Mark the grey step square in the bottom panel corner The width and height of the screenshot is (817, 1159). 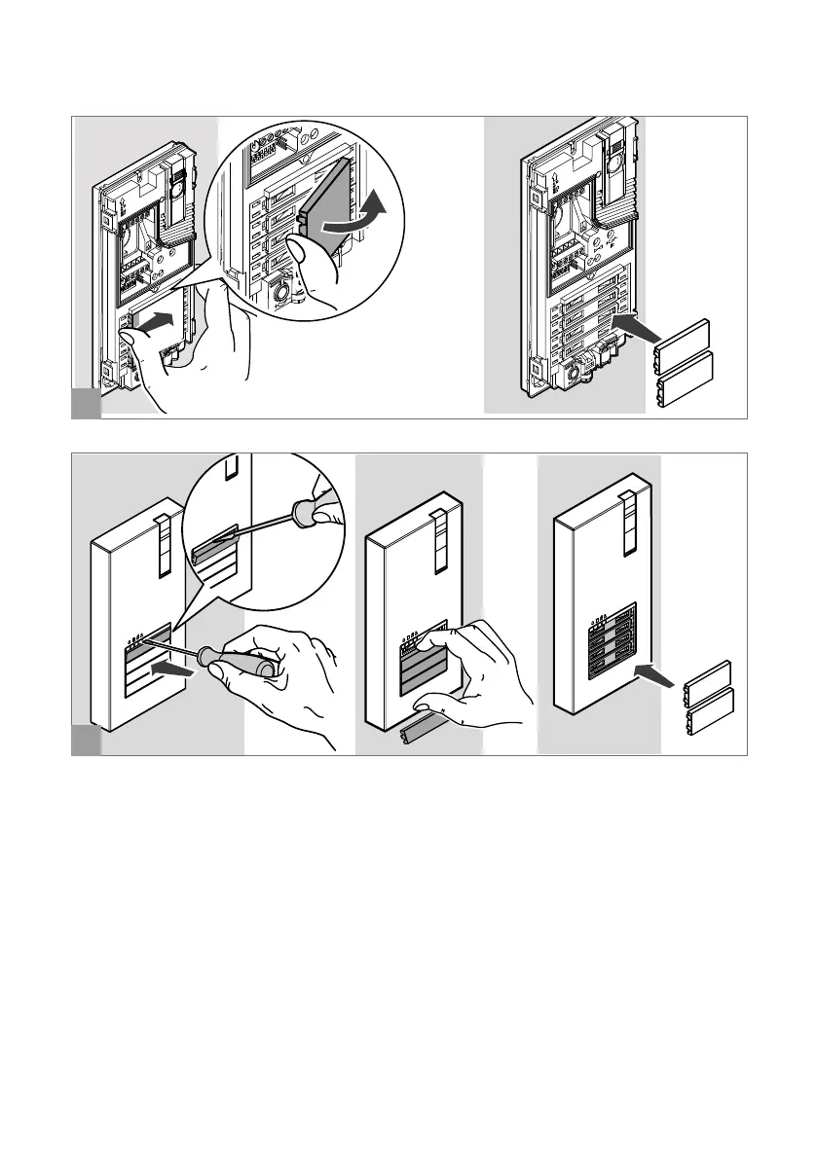pyautogui.click(x=86, y=742)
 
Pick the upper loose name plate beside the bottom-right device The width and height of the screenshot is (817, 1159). pyautogui.click(x=706, y=681)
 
